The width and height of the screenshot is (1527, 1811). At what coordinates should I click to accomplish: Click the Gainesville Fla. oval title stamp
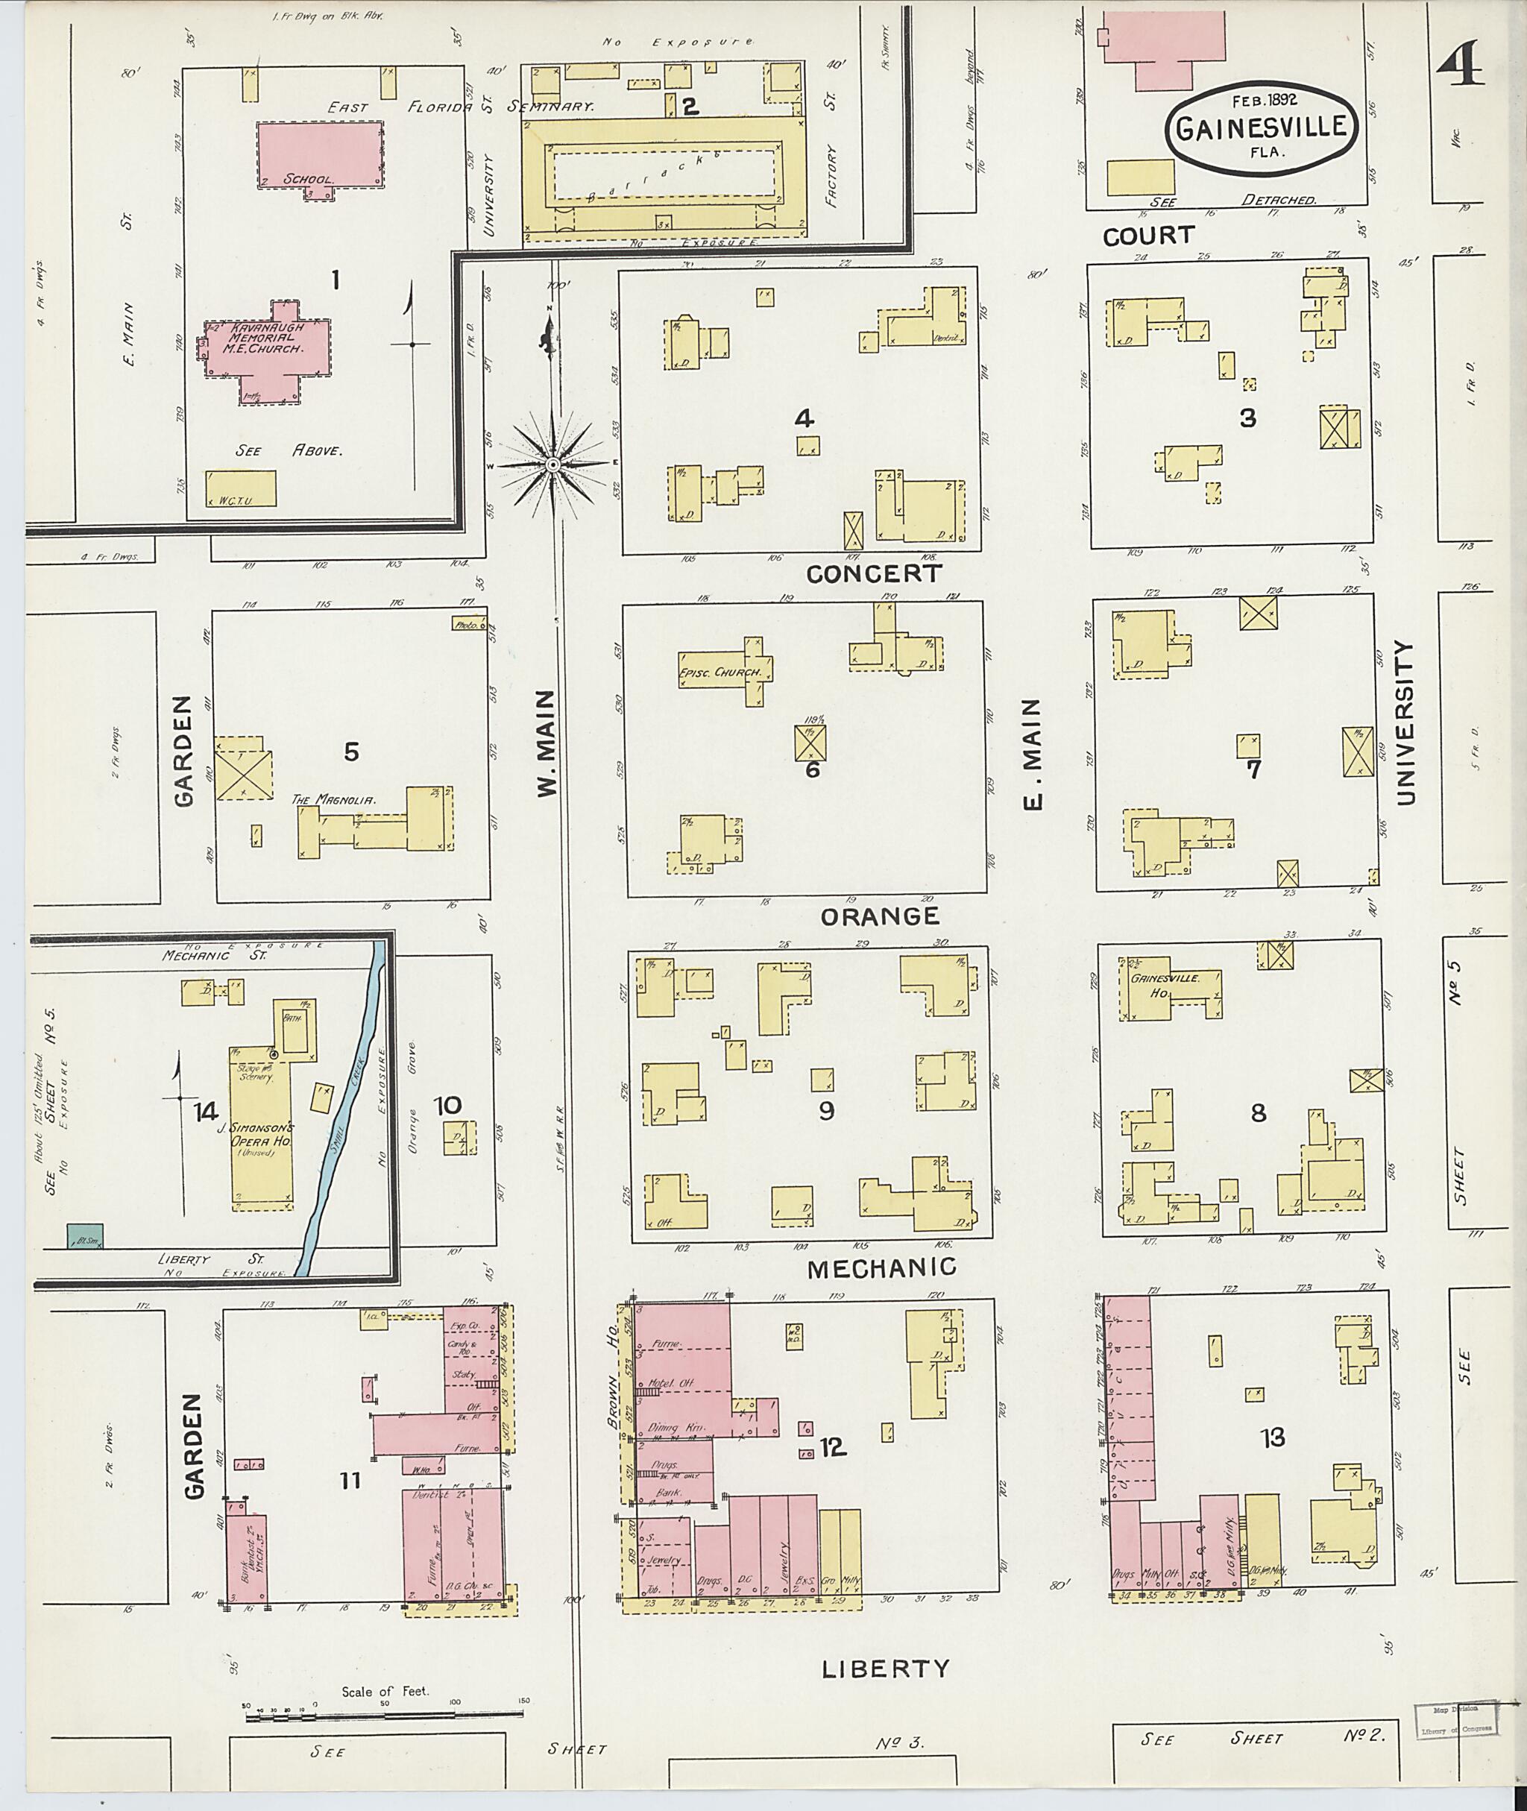tap(1260, 129)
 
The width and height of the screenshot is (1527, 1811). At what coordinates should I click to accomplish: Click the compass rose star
tap(552, 465)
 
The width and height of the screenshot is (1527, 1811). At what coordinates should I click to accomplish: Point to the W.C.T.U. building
tap(242, 488)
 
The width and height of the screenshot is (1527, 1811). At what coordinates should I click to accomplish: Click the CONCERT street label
tap(872, 573)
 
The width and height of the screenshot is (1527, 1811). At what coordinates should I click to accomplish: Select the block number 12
tap(832, 1446)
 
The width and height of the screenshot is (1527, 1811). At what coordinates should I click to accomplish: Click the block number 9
tap(826, 1110)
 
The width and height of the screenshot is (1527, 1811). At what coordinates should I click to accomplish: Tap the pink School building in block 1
tap(321, 154)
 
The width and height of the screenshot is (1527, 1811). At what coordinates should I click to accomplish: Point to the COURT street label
tap(1147, 236)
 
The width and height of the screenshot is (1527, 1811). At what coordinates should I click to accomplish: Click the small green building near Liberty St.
tap(86, 1235)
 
